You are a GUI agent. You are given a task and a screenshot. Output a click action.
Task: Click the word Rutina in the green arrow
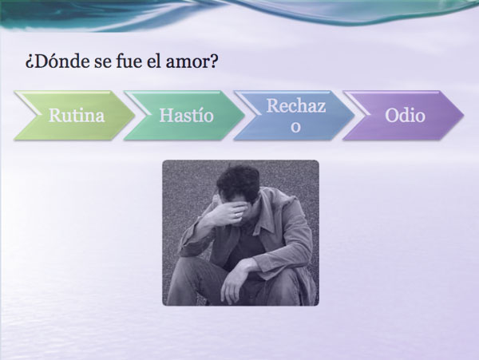(x=77, y=116)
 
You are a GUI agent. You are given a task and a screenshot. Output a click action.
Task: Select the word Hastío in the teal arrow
(x=186, y=116)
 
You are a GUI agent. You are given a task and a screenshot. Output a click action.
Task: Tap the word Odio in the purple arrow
(x=405, y=116)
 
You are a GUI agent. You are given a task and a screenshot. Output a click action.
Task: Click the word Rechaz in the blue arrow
(x=296, y=106)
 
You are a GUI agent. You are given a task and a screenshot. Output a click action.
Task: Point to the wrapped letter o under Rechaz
(x=295, y=127)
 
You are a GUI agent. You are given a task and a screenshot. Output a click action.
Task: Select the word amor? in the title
(x=192, y=62)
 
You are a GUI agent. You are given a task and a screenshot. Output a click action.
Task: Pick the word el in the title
(x=153, y=61)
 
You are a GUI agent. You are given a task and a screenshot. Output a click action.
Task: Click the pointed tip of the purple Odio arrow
(x=464, y=116)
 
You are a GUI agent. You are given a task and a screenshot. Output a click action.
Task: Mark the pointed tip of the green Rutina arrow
(x=135, y=116)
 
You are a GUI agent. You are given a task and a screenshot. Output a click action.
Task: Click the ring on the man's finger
(x=237, y=216)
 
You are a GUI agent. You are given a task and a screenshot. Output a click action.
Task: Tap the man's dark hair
(x=239, y=180)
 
